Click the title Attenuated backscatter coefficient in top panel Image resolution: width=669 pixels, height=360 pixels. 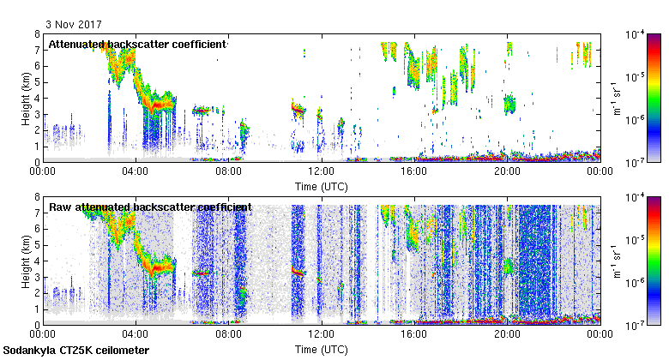click(137, 44)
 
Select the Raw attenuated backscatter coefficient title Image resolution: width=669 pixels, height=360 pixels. click(150, 207)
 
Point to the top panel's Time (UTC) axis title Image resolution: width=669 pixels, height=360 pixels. click(321, 186)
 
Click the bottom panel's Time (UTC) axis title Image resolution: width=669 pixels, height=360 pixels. click(321, 350)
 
